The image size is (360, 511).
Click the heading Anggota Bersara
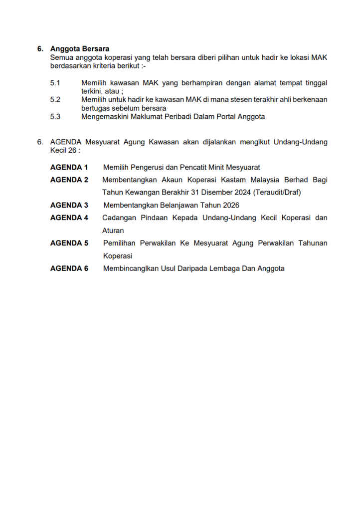coord(79,49)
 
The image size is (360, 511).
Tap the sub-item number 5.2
coord(55,100)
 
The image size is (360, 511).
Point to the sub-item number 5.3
coord(55,117)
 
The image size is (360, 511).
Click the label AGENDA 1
coord(69,167)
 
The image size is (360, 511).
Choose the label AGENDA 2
coord(69,180)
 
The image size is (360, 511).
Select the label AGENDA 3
coord(69,205)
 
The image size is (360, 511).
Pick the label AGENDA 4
coord(69,218)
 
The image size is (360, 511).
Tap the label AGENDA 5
coord(69,243)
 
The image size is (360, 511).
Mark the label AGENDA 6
coord(69,268)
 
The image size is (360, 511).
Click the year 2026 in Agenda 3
coord(231,205)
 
